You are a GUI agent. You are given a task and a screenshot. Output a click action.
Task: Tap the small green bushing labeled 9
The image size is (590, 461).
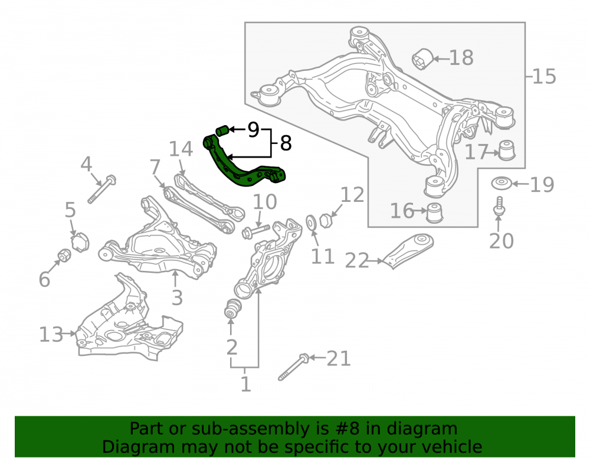point(222,130)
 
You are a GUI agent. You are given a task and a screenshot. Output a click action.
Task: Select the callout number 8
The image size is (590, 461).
point(286,143)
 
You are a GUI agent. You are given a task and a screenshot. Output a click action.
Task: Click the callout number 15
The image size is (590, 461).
point(545,76)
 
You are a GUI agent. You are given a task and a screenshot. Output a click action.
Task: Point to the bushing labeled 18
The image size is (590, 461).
point(422,60)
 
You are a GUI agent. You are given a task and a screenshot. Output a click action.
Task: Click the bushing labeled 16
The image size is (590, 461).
point(435,212)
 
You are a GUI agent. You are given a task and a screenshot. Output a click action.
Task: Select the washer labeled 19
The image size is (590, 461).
point(501,184)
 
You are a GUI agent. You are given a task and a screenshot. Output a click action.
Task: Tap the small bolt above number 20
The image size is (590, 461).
point(499,206)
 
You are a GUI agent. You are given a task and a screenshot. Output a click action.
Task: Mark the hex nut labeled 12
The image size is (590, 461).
point(325,220)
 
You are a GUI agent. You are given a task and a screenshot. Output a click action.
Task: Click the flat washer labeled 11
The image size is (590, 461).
point(311,223)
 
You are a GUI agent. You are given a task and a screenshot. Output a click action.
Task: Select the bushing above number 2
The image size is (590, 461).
point(232,309)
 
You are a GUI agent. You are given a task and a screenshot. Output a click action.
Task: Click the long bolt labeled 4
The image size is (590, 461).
point(102,189)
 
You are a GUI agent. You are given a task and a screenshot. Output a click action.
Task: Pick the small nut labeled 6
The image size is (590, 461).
point(64,255)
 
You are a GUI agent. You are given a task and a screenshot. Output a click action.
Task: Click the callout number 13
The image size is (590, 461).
point(51,334)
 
